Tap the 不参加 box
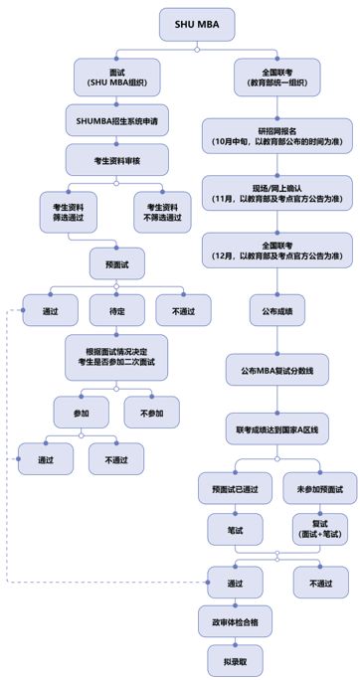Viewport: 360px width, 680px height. pyautogui.click(x=151, y=411)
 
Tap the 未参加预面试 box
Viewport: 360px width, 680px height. pyautogui.click(x=320, y=489)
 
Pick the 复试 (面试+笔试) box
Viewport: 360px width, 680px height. pyautogui.click(x=320, y=528)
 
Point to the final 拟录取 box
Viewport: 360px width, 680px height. pyautogui.click(x=235, y=658)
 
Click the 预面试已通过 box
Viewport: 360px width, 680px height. pyautogui.click(x=235, y=489)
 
